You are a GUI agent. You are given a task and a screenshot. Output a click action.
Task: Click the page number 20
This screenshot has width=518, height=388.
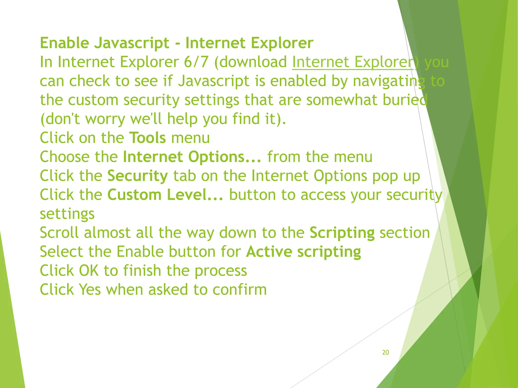click(x=385, y=352)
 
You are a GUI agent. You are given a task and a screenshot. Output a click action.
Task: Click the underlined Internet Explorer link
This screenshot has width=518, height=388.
click(x=353, y=62)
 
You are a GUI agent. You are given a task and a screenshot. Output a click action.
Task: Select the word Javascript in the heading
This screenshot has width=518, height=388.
click(x=132, y=43)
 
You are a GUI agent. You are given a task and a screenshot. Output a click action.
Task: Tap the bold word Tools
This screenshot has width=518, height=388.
click(x=147, y=138)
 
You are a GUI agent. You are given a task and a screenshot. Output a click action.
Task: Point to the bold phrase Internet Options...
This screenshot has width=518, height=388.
click(x=192, y=157)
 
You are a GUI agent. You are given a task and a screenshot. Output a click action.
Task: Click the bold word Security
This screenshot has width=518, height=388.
click(x=138, y=176)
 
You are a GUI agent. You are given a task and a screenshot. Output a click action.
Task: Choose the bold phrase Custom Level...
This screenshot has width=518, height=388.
click(x=165, y=195)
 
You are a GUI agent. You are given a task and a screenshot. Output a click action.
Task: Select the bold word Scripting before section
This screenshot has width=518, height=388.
click(x=342, y=233)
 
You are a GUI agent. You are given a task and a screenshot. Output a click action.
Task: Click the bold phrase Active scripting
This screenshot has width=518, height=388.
click(x=304, y=252)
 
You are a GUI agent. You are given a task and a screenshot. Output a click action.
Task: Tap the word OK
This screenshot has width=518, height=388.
click(x=89, y=271)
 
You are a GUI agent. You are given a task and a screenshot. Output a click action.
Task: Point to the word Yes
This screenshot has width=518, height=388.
click(x=90, y=289)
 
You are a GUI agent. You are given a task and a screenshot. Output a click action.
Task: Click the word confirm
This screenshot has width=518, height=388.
click(x=240, y=289)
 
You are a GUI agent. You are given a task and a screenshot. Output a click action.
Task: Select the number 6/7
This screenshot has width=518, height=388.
click(x=196, y=62)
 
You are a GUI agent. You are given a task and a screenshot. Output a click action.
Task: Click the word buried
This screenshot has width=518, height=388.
click(x=405, y=100)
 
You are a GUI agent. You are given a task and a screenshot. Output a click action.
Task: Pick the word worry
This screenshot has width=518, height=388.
click(x=105, y=119)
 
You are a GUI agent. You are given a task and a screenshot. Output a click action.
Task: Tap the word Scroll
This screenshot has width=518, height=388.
click(x=59, y=233)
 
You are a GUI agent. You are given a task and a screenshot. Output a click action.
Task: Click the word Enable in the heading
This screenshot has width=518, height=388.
click(x=64, y=43)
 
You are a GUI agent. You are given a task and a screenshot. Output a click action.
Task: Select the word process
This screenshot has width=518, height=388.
click(x=221, y=271)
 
